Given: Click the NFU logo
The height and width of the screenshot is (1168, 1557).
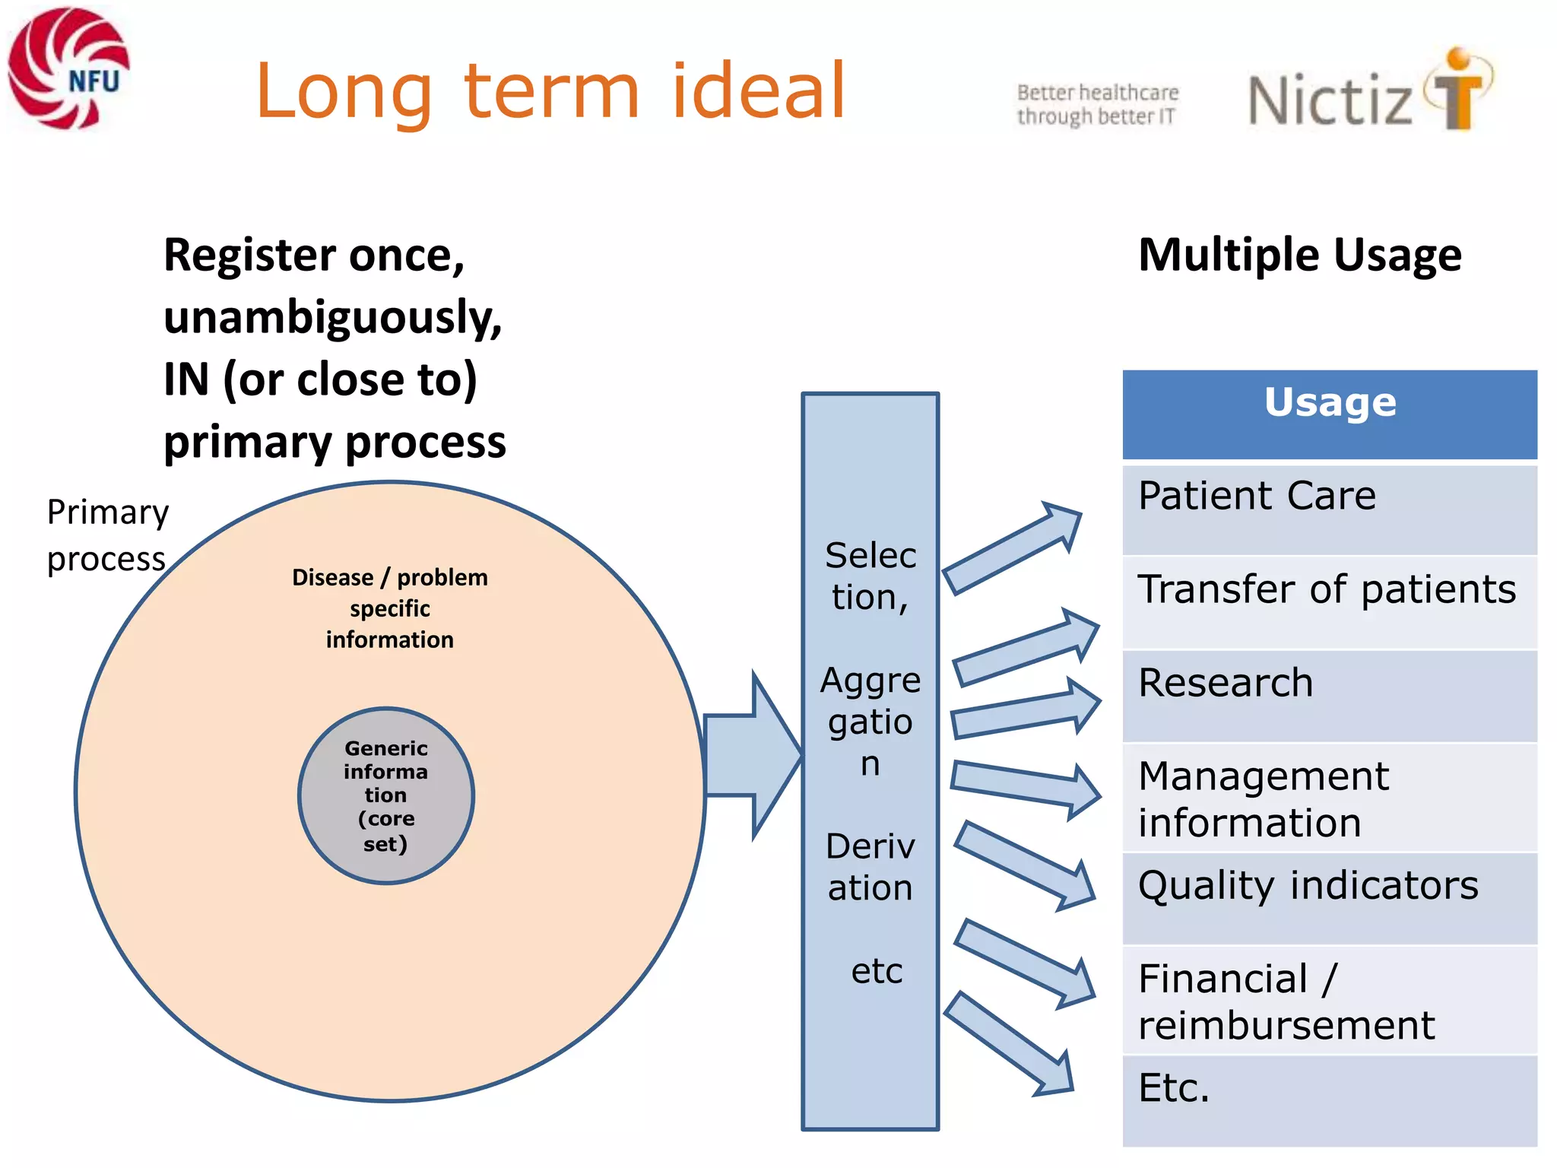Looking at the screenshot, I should pyautogui.click(x=68, y=68).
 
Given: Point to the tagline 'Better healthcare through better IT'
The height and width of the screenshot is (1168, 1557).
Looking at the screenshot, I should pyautogui.click(x=1097, y=104).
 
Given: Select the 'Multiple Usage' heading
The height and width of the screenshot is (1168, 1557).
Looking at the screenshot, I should pyautogui.click(x=1299, y=255).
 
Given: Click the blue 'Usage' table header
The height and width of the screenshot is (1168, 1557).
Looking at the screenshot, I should pyautogui.click(x=1329, y=414).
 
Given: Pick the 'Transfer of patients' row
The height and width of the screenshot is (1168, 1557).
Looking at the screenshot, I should pyautogui.click(x=1329, y=601).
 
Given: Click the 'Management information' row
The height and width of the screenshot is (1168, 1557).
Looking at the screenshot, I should pyautogui.click(x=1329, y=798).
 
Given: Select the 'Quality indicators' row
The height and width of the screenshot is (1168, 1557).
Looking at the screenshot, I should pyautogui.click(x=1329, y=897).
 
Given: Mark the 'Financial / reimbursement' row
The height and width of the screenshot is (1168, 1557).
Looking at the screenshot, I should pyautogui.click(x=1329, y=1001).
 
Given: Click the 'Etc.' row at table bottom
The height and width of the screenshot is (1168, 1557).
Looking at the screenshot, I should pyautogui.click(x=1329, y=1099).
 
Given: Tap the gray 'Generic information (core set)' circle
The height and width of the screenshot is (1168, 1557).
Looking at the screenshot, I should pyautogui.click(x=386, y=795).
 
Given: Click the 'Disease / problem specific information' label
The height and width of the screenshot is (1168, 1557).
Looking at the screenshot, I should pyautogui.click(x=390, y=608).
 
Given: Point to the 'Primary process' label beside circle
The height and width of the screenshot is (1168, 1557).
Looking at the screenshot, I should pyautogui.click(x=106, y=535).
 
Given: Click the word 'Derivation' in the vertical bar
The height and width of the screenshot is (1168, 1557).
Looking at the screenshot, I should pyautogui.click(x=870, y=867).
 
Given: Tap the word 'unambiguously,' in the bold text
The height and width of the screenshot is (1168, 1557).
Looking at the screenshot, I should pyautogui.click(x=333, y=317).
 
